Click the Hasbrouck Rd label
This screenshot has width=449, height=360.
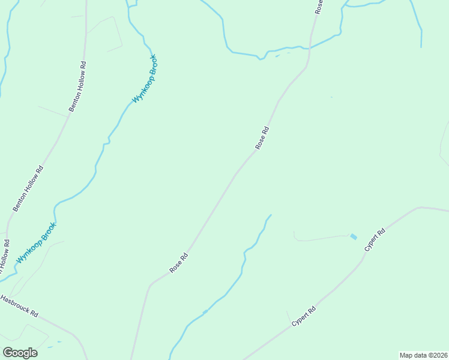click(20, 305)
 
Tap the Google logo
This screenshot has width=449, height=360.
click(20, 353)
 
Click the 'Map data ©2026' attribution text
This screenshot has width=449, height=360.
click(424, 355)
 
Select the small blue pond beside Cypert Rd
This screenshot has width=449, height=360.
click(354, 237)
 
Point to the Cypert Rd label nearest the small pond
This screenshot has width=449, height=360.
click(373, 239)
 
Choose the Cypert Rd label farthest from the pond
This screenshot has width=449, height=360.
click(304, 317)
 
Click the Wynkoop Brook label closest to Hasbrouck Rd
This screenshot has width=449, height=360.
click(36, 243)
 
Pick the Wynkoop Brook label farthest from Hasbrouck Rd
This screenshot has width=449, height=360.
click(145, 79)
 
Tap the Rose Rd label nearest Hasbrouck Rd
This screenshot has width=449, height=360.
click(179, 263)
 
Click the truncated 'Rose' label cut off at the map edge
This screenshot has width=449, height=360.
click(319, 7)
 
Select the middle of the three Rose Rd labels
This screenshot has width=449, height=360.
click(262, 137)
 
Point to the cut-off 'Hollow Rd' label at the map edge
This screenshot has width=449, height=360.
click(4, 258)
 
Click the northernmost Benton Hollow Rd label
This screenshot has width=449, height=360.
click(78, 86)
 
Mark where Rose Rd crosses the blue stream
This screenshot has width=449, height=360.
click(310, 48)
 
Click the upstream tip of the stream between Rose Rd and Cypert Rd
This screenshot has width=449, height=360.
click(271, 215)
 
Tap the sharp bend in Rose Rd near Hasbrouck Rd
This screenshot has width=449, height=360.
click(151, 284)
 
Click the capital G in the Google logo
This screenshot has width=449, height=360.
click(8, 352)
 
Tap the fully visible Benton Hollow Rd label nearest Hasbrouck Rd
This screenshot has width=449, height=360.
click(29, 188)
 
